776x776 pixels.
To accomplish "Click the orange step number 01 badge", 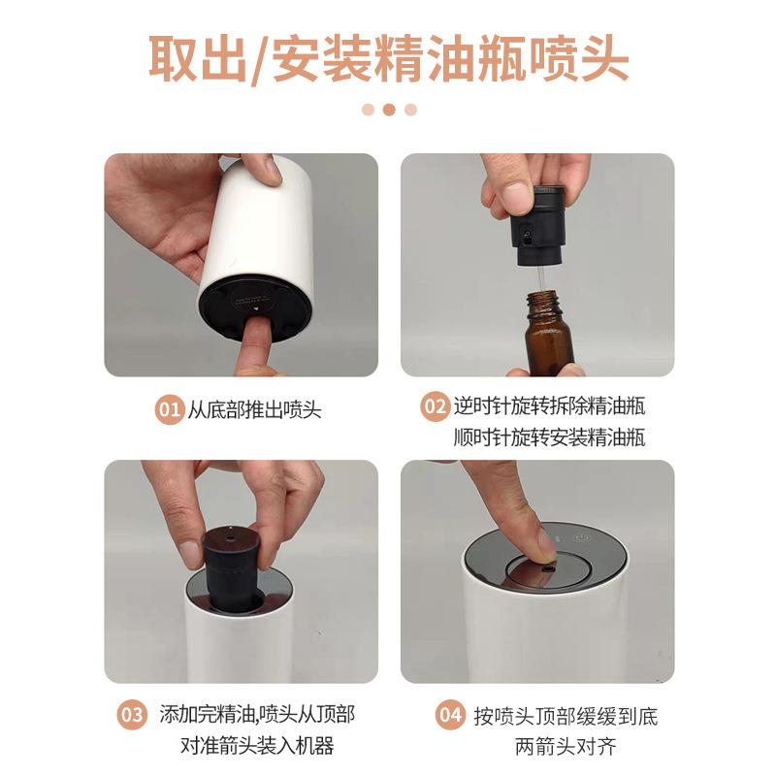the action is pos(169,409).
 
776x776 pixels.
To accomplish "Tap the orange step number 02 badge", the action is pos(435,406).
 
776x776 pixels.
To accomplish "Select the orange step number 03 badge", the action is pos(132,715).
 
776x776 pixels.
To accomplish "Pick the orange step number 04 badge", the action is pos(450,715).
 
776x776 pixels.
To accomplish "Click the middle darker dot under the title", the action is pos(389,110).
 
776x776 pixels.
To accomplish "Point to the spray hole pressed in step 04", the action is pos(546,570).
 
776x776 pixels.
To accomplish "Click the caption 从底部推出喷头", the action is pos(254,410).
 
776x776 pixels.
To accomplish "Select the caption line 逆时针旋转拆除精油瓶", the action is pos(549,406).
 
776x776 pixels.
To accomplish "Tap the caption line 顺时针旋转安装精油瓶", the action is pos(549,437).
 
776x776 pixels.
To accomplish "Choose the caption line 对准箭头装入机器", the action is pos(257,746).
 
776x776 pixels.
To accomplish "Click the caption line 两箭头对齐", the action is pos(566,746).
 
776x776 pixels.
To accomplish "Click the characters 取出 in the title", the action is pos(198,59).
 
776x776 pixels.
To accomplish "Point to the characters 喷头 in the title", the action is pos(579,59).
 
